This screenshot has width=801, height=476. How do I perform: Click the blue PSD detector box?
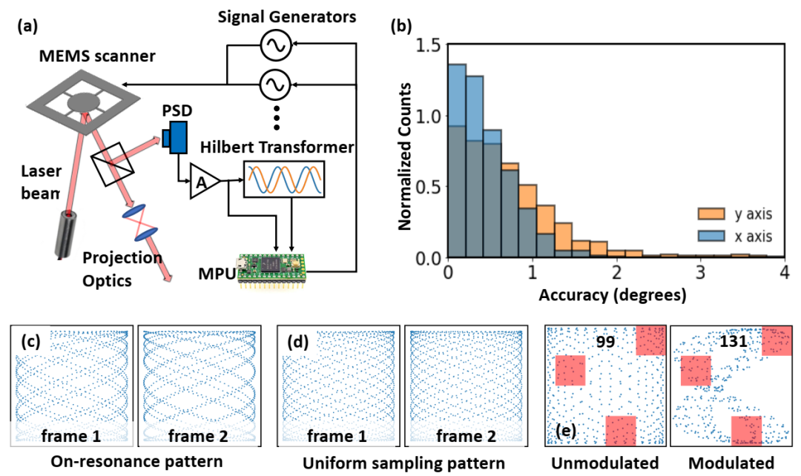click(176, 137)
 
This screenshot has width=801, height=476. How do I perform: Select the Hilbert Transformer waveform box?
click(284, 179)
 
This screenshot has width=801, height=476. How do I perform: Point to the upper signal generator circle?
click(275, 45)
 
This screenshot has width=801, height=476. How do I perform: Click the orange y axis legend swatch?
click(711, 214)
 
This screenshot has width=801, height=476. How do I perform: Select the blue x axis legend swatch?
click(711, 236)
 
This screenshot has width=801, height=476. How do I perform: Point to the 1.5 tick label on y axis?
click(428, 45)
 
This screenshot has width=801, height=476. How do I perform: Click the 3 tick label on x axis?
click(700, 272)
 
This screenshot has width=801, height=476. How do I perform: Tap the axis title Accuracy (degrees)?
click(613, 294)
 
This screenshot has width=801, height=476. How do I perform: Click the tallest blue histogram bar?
click(457, 161)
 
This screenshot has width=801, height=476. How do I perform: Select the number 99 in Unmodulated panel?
click(605, 341)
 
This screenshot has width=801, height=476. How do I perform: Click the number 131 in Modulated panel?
click(734, 340)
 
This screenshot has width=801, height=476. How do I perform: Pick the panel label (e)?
click(566, 432)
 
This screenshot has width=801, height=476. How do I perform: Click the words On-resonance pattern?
click(136, 462)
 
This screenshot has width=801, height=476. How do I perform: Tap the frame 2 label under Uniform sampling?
click(466, 436)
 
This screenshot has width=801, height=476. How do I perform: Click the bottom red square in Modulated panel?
click(746, 431)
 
